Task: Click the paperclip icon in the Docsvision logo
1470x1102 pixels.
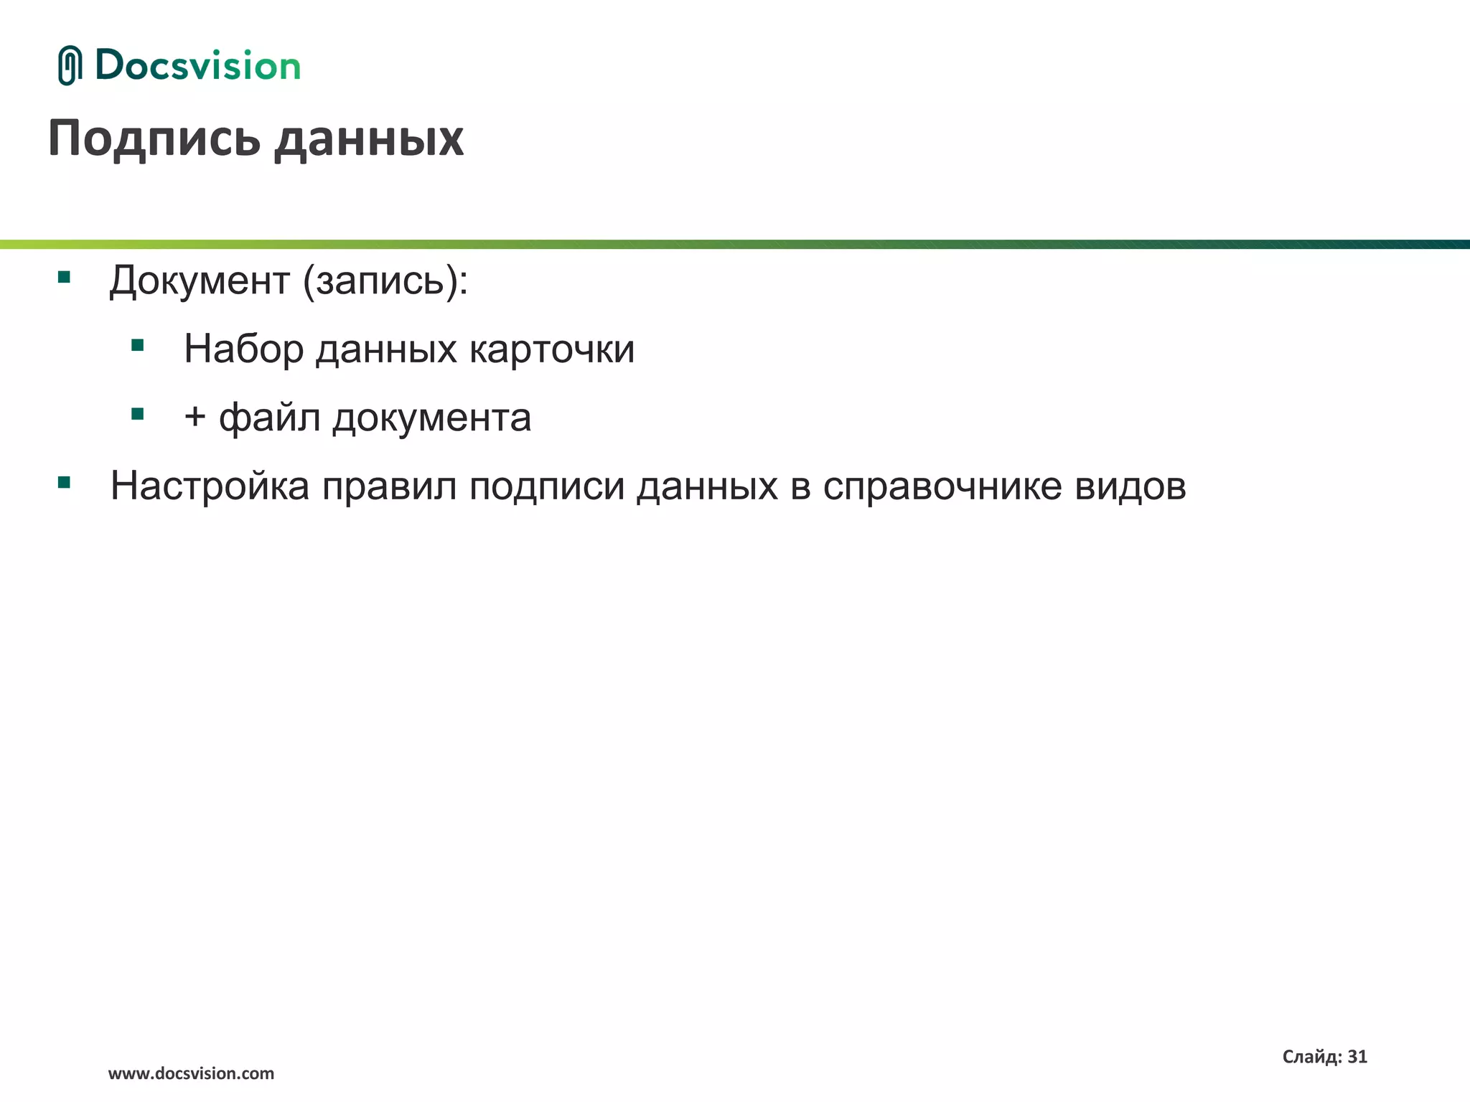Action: point(70,65)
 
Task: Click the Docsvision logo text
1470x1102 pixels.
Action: point(197,65)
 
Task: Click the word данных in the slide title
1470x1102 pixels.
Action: point(369,139)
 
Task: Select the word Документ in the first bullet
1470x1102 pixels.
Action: point(200,280)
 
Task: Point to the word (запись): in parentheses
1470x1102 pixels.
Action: point(385,281)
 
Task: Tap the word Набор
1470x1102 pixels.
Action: point(243,349)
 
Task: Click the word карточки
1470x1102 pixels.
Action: point(552,349)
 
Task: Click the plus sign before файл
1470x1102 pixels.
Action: point(195,417)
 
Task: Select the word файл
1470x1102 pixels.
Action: point(269,418)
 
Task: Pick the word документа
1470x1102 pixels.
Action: point(431,418)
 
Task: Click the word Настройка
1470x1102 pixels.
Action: point(210,486)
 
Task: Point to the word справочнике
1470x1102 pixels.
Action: point(942,486)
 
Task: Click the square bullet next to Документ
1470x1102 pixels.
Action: point(64,277)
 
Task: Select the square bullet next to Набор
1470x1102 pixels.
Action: point(138,346)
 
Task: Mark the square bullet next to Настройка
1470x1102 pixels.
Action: point(64,483)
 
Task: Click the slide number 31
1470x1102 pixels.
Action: point(1357,1057)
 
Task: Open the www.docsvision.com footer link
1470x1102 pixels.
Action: point(191,1073)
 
